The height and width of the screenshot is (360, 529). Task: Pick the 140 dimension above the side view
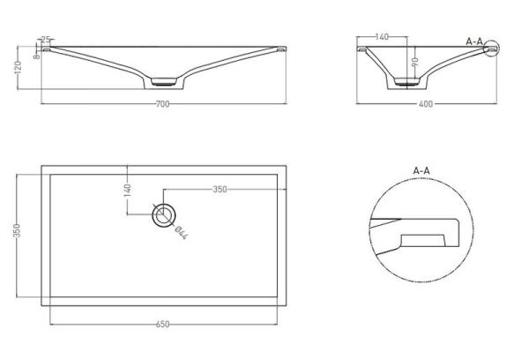383,38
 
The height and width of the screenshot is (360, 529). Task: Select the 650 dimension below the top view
163,325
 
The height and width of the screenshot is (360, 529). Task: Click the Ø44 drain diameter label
179,232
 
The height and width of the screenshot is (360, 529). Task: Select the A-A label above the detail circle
421,169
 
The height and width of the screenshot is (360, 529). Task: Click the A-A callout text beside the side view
474,41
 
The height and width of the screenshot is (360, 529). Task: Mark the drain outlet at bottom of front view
164,83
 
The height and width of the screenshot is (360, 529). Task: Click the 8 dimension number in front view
35,56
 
